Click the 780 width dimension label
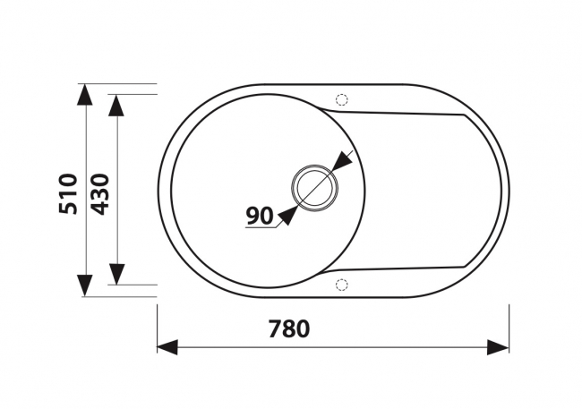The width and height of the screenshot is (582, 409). coord(289,328)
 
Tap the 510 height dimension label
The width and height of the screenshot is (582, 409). coord(69,193)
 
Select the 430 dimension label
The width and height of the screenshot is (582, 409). coord(100,194)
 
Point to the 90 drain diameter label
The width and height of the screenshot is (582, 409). coord(260,216)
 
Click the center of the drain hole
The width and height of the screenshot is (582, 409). coord(315,188)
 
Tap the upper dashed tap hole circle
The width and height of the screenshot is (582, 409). coord(341,99)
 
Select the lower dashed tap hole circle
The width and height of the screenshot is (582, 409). coord(341,285)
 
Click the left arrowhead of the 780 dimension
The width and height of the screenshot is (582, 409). coord(167,347)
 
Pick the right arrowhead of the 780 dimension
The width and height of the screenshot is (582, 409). coord(498,347)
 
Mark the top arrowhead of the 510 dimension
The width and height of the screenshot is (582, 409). coord(85,95)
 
